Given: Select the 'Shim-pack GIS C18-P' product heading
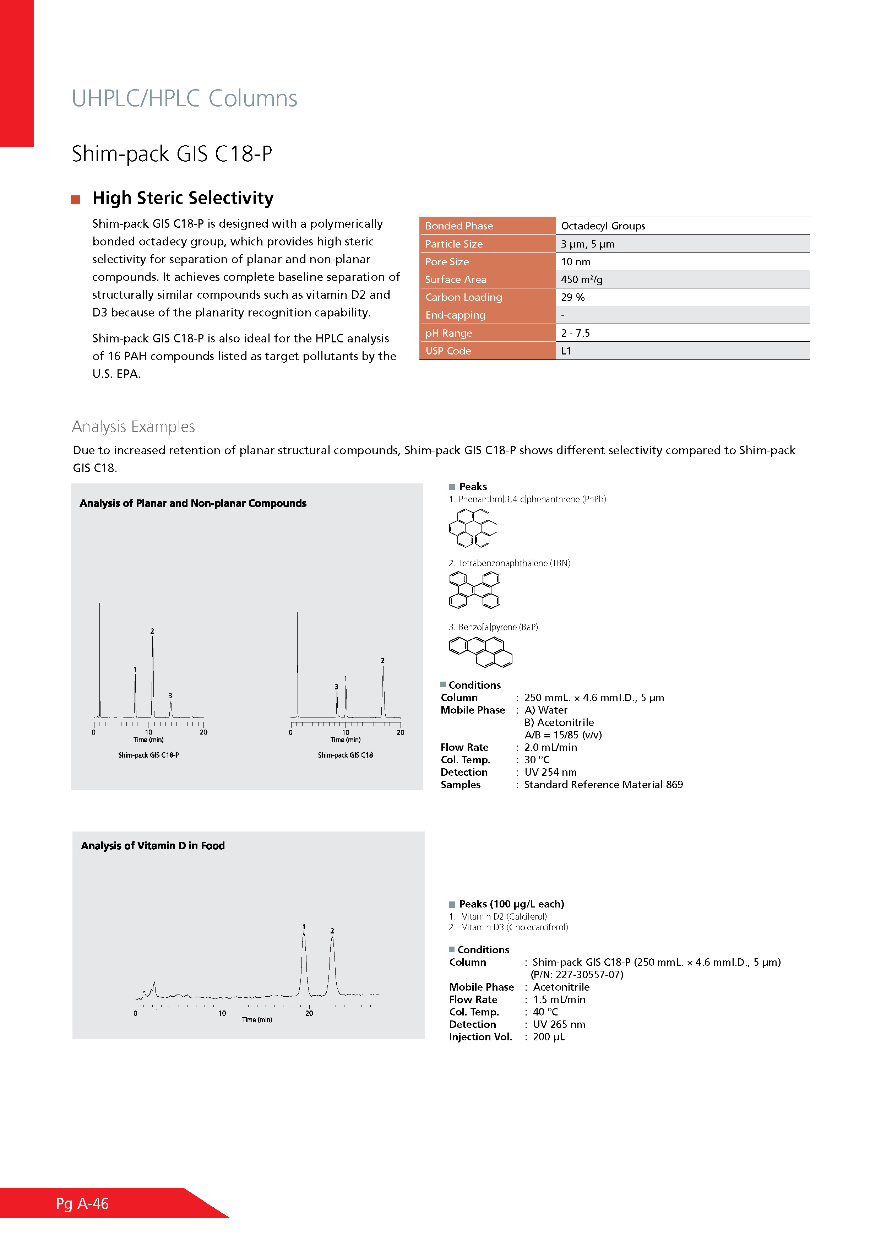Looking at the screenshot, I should coord(172,154).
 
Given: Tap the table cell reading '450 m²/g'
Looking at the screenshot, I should coord(582,280).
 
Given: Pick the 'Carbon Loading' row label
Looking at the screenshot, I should coord(464,297).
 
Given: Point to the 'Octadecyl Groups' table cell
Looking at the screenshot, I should coord(603,226).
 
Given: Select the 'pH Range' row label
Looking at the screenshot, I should coord(448,333).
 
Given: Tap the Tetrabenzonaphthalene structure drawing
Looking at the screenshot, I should coord(474,590).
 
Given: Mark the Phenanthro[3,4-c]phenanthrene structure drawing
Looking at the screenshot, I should coord(473,527).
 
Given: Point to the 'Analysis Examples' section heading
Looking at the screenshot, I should coord(134,427).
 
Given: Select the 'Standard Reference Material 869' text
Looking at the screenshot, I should coord(603,785).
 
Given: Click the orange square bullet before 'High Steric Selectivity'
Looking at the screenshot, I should coord(75,200).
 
